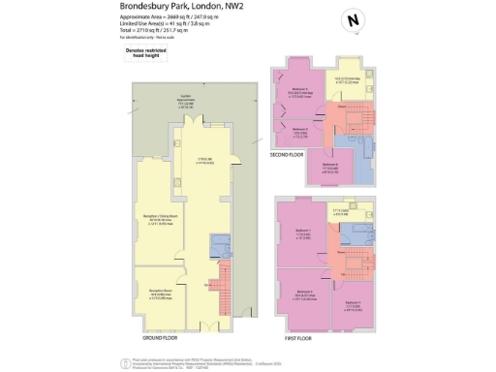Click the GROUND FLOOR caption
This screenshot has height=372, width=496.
164,339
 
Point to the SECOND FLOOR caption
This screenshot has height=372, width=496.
292,153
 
